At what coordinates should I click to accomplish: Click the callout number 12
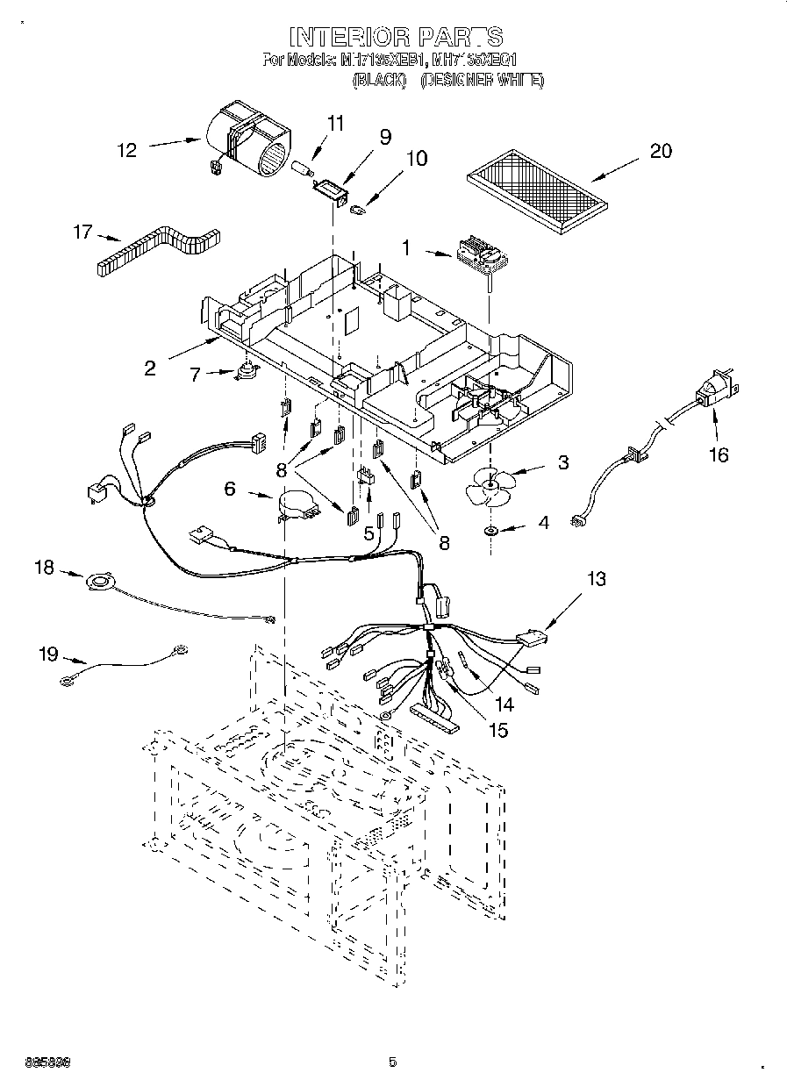tap(127, 150)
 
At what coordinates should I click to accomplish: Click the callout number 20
tap(660, 151)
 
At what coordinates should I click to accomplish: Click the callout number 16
tap(719, 455)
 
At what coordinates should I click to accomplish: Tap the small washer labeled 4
tap(490, 531)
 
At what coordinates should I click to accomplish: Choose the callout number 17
tap(82, 232)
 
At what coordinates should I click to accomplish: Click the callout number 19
tap(48, 653)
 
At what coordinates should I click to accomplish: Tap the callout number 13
tap(596, 579)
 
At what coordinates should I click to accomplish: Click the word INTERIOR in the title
tap(349, 37)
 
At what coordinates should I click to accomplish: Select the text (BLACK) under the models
tap(379, 81)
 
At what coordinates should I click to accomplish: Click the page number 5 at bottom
tap(393, 1062)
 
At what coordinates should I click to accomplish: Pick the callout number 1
tap(405, 248)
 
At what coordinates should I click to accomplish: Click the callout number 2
tap(150, 368)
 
